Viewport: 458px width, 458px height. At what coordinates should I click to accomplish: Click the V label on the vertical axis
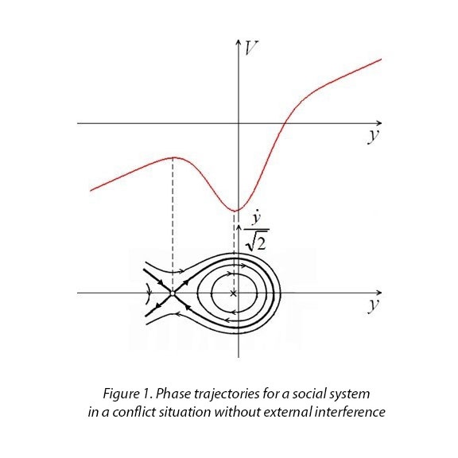[250, 49]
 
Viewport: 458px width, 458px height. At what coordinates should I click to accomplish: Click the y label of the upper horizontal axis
[374, 136]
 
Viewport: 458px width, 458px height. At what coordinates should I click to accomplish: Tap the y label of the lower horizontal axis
[374, 305]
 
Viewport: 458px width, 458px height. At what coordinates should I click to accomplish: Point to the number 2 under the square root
[262, 243]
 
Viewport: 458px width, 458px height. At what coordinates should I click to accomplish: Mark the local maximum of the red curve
[173, 157]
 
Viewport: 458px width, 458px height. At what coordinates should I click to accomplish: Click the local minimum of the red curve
[235, 210]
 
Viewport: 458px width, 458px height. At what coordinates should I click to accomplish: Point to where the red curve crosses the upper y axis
[284, 123]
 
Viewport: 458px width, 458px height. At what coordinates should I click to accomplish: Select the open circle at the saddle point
[173, 293]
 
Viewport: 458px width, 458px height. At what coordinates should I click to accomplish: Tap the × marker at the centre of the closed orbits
[233, 293]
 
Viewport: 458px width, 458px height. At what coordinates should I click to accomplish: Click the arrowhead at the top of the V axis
[239, 41]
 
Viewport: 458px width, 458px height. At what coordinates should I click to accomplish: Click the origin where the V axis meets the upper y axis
[239, 123]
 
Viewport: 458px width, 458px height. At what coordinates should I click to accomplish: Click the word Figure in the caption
[121, 394]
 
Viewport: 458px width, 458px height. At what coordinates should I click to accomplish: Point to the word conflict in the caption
[134, 412]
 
